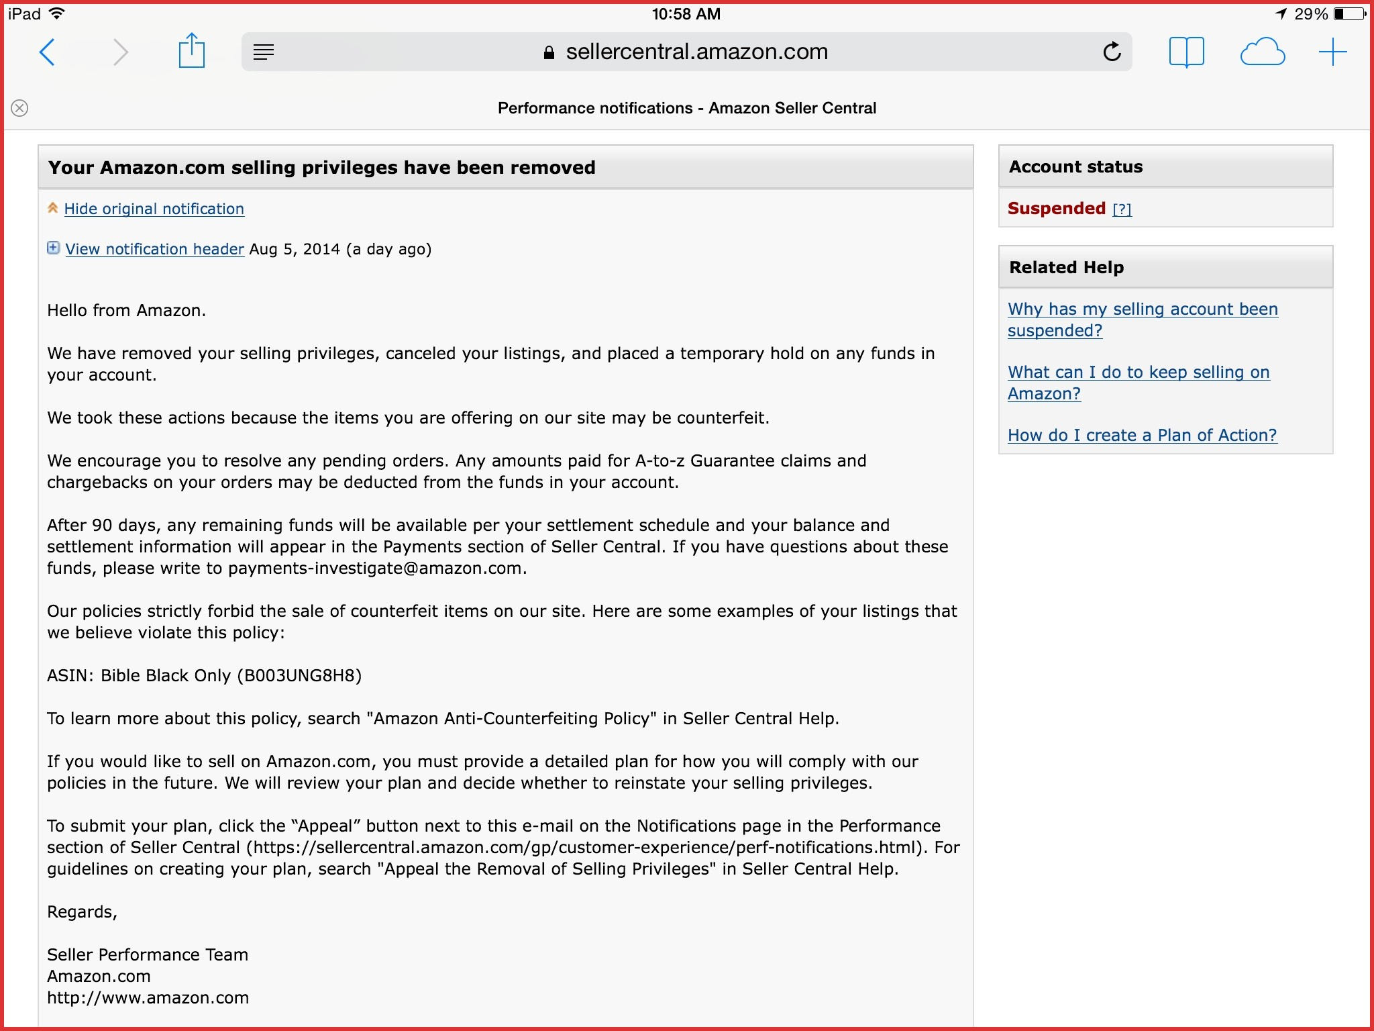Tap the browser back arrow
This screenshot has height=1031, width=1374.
pyautogui.click(x=47, y=52)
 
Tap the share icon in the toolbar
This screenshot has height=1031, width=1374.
pyautogui.click(x=191, y=51)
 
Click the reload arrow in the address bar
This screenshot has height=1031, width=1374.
pyautogui.click(x=1112, y=52)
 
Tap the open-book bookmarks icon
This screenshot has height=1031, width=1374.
pyautogui.click(x=1186, y=52)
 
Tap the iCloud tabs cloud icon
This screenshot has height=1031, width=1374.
pyautogui.click(x=1262, y=52)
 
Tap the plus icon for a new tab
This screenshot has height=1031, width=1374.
pyautogui.click(x=1332, y=52)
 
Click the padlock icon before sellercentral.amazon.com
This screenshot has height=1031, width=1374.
pyautogui.click(x=549, y=52)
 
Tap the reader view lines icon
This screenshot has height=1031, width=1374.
pyautogui.click(x=264, y=52)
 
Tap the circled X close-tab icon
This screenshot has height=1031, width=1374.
pyautogui.click(x=20, y=108)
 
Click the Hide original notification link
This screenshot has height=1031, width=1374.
pyautogui.click(x=154, y=209)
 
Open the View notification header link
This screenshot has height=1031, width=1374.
pyautogui.click(x=154, y=249)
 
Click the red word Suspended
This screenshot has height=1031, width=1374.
pyautogui.click(x=1056, y=208)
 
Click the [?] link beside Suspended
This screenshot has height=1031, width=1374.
pyautogui.click(x=1122, y=209)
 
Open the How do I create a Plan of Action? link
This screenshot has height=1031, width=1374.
pyautogui.click(x=1142, y=435)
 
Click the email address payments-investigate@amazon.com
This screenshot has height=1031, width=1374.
pyautogui.click(x=375, y=568)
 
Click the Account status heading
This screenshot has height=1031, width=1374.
pyautogui.click(x=1075, y=166)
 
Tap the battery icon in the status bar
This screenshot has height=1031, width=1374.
pyautogui.click(x=1349, y=13)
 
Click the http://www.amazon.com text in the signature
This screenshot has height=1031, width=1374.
pyautogui.click(x=148, y=997)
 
